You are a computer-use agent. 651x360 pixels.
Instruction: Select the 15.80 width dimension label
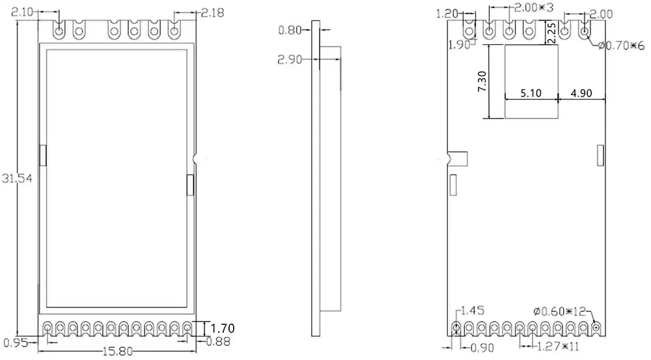[118, 352]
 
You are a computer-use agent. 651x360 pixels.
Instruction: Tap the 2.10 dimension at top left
[24, 12]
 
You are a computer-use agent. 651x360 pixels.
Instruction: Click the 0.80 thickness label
[290, 30]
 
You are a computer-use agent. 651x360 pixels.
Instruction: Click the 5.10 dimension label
[532, 93]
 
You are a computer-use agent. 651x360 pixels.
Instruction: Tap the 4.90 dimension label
[582, 93]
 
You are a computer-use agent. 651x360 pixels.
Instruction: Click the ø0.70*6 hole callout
[621, 44]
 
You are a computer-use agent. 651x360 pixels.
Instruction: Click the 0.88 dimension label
[217, 340]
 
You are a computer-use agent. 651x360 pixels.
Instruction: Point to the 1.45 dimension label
[473, 311]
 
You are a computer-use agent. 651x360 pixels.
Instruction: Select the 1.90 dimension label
[459, 44]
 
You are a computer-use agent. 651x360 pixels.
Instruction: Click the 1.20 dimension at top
[448, 13]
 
